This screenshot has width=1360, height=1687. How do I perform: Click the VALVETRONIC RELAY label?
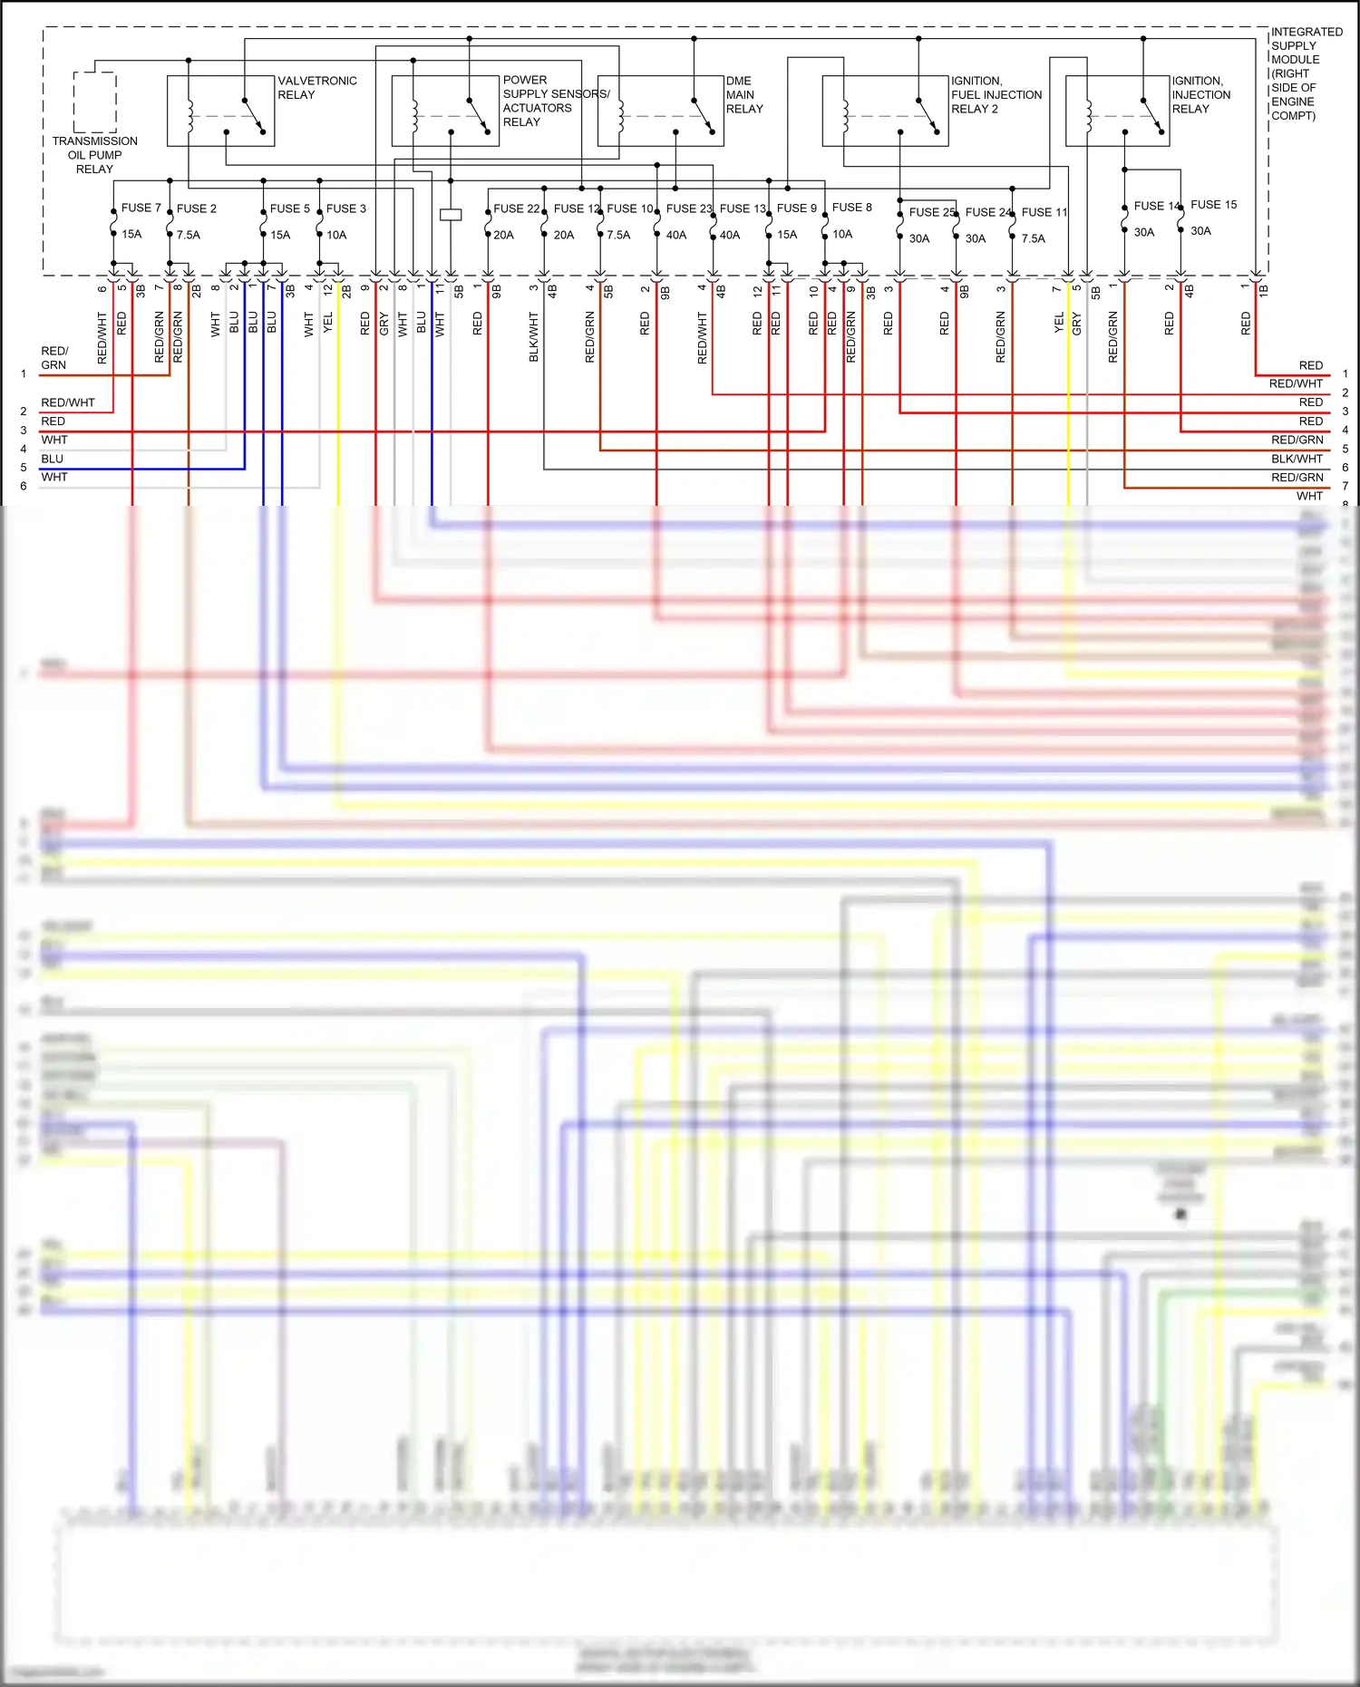(316, 88)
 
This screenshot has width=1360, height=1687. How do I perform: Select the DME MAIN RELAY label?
(743, 94)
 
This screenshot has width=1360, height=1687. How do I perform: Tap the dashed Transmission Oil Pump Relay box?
(94, 102)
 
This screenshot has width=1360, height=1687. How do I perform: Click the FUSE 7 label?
(141, 208)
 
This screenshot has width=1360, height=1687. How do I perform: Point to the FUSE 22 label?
(516, 208)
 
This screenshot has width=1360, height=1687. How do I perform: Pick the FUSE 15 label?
(1213, 205)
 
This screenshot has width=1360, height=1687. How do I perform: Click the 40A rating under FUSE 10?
(675, 235)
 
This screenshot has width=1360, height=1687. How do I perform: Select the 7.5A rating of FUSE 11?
(1033, 238)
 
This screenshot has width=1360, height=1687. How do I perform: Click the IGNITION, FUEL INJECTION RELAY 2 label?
(996, 94)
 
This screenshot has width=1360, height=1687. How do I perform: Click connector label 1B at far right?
(1263, 290)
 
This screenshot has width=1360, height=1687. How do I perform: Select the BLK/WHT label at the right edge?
(1297, 459)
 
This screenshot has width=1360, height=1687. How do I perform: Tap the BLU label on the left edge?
(53, 459)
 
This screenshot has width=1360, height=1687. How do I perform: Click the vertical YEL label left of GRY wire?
(1058, 324)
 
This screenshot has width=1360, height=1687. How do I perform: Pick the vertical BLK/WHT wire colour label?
(534, 336)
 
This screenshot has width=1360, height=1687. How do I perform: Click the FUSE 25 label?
(932, 212)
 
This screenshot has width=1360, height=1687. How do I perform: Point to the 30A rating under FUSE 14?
(1144, 232)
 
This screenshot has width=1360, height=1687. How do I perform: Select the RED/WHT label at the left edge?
(68, 402)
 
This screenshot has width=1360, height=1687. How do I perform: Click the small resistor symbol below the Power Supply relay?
(451, 215)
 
